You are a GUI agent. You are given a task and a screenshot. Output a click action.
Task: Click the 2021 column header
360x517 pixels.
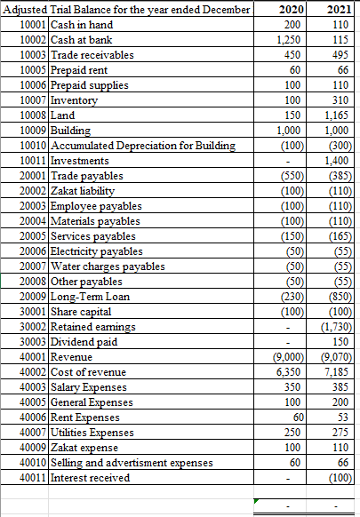[339, 10]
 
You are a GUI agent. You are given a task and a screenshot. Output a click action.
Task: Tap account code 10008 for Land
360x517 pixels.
[33, 115]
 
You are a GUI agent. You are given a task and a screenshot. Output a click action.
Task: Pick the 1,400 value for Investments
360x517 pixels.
[338, 161]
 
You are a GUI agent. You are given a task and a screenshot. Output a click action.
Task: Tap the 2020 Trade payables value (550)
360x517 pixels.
[290, 176]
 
